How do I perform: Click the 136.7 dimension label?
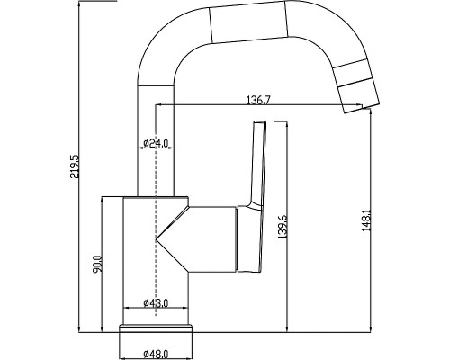click(258, 100)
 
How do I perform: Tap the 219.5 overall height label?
click(74, 166)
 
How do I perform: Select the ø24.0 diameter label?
click(156, 143)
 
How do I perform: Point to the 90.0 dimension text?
click(98, 264)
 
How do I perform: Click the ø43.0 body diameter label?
click(156, 303)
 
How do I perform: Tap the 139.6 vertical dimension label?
click(283, 227)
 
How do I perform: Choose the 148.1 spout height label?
click(366, 220)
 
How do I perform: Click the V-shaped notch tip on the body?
click(157, 239)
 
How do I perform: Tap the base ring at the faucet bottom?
click(156, 328)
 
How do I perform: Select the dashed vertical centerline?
click(156, 210)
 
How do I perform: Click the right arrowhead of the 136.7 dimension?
click(359, 104)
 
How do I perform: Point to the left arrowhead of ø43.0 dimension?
click(127, 308)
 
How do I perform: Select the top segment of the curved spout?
click(248, 22)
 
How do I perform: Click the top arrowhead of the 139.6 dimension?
click(287, 125)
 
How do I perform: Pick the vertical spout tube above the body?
click(156, 141)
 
